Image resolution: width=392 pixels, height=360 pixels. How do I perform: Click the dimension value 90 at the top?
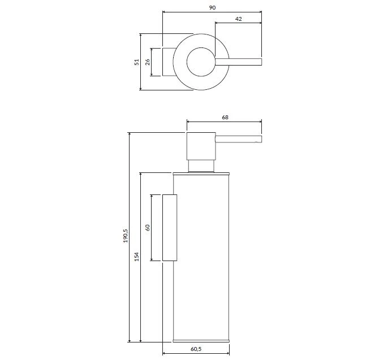[x=212, y=7]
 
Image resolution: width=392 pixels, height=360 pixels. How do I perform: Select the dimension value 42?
[x=239, y=19]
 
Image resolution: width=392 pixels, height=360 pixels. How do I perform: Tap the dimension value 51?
[x=137, y=62]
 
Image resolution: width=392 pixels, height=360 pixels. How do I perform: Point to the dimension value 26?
[x=148, y=62]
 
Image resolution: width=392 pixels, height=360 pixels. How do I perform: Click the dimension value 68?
[x=225, y=117]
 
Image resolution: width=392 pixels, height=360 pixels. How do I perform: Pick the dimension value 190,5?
[x=126, y=236]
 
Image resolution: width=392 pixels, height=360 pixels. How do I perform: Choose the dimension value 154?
[x=137, y=257]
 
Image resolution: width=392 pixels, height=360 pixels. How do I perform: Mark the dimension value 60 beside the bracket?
[x=148, y=228]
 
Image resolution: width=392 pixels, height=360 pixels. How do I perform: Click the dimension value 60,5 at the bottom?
[x=196, y=349]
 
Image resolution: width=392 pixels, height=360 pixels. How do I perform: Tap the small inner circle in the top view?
[x=187, y=62]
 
